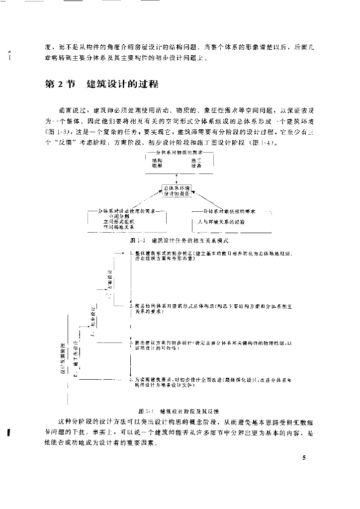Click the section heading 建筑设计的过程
pos(122,84)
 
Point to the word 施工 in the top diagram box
pos(196,160)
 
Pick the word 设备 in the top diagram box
pos(196,166)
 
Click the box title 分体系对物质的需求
pos(178,154)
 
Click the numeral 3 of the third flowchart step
pos(131,343)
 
